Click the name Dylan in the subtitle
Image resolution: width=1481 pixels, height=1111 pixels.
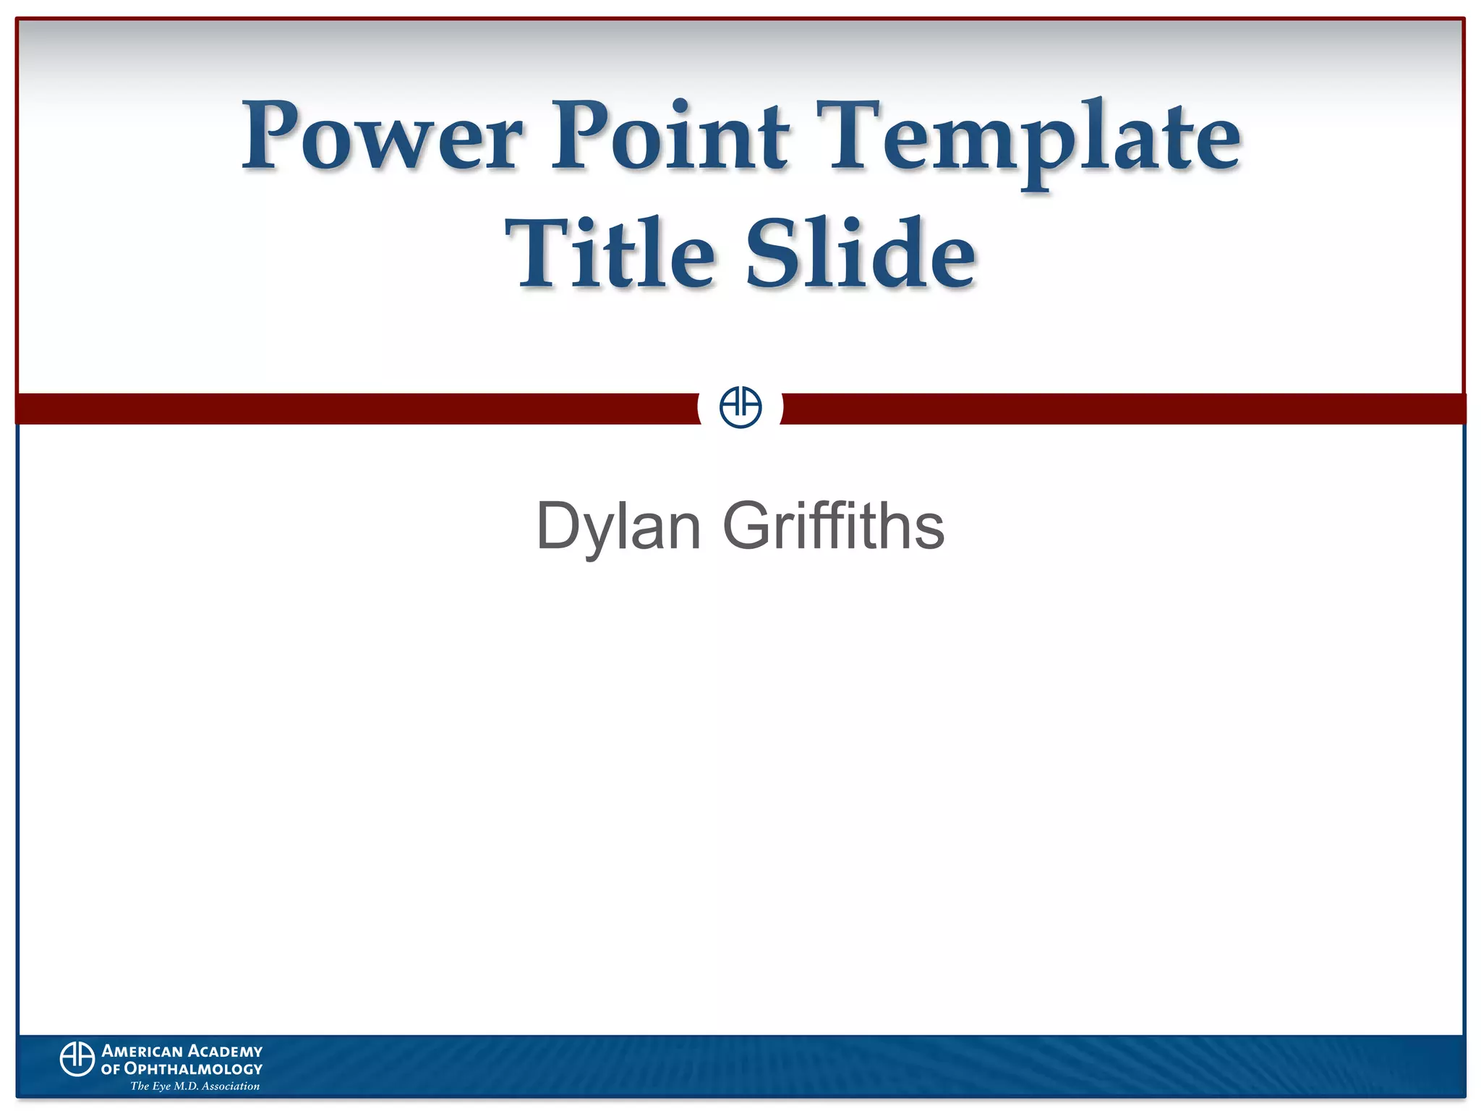click(618, 527)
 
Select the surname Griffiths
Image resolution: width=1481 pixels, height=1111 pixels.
click(833, 525)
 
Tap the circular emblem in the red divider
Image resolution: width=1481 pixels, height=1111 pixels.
click(740, 407)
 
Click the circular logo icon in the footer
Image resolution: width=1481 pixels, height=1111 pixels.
click(77, 1059)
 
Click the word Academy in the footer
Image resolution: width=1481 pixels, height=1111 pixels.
click(225, 1051)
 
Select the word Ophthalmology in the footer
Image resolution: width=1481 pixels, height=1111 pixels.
click(193, 1069)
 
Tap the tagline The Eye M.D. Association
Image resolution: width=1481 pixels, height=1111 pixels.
click(195, 1086)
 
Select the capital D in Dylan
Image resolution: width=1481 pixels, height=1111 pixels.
click(558, 525)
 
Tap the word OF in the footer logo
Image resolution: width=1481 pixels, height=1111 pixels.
click(111, 1069)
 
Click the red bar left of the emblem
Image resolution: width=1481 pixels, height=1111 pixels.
click(354, 409)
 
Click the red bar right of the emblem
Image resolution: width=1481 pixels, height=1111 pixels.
click(1121, 409)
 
